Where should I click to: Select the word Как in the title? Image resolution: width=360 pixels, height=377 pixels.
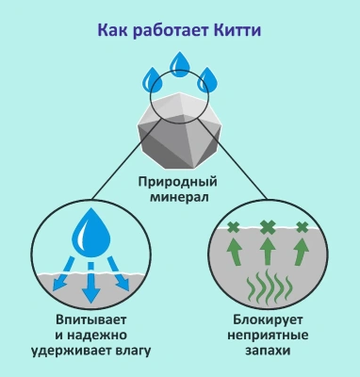pyautogui.click(x=115, y=30)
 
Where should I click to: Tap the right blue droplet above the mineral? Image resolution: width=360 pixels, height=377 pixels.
pyautogui.click(x=208, y=78)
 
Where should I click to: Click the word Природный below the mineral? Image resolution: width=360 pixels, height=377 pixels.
pyautogui.click(x=179, y=181)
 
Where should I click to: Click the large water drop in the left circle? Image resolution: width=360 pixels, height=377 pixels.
pyautogui.click(x=90, y=233)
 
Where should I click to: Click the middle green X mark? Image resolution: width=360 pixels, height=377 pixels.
pyautogui.click(x=269, y=226)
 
